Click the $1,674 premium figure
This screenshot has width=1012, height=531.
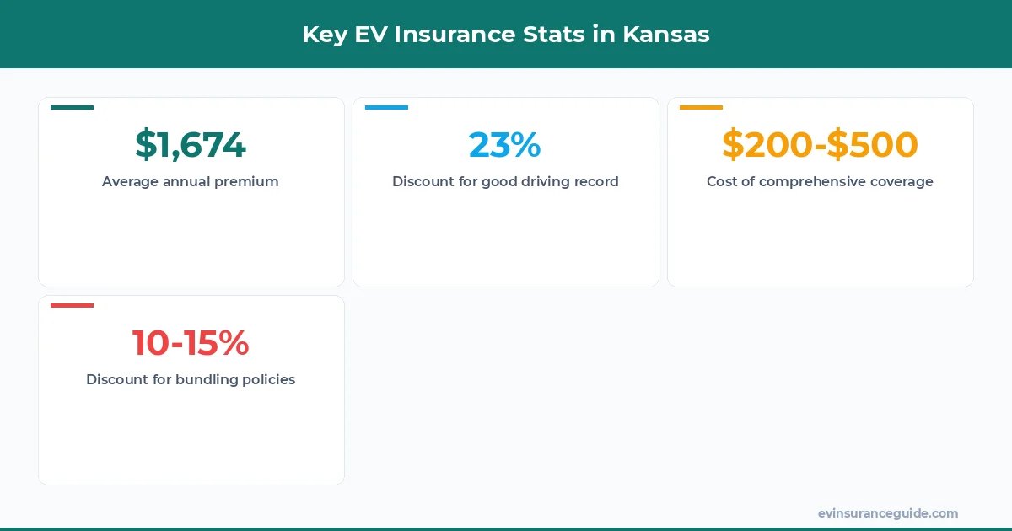tap(191, 145)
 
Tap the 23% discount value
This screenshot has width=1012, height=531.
tap(505, 145)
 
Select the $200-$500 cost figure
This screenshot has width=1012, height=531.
tap(820, 145)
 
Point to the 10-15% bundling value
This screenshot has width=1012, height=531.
tap(191, 343)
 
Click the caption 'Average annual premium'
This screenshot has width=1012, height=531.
tap(191, 181)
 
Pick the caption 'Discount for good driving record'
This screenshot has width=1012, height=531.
tap(505, 181)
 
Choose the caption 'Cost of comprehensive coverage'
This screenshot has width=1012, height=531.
tap(820, 181)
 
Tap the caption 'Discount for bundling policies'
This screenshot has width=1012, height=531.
tap(191, 379)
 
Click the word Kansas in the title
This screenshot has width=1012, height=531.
tap(666, 35)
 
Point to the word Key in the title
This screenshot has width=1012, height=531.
tap(323, 35)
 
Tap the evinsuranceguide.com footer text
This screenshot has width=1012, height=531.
tap(888, 513)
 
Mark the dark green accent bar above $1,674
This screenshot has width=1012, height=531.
tap(72, 107)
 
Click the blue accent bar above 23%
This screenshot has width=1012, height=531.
tap(386, 107)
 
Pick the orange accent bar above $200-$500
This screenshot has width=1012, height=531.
tap(701, 107)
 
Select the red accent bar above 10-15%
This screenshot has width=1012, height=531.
tap(72, 305)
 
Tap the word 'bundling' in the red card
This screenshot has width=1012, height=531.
tap(207, 379)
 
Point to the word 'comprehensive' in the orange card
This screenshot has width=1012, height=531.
tap(807, 181)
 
